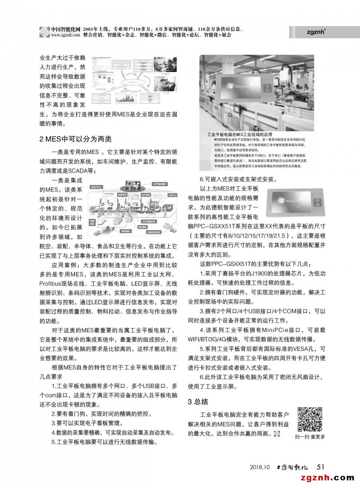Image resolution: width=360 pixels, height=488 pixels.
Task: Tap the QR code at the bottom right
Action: pyautogui.click(x=310, y=419)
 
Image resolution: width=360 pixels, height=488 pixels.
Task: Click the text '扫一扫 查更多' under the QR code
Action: pyautogui.click(x=310, y=437)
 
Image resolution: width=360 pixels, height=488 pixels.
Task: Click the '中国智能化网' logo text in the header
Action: pyautogui.click(x=66, y=28)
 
